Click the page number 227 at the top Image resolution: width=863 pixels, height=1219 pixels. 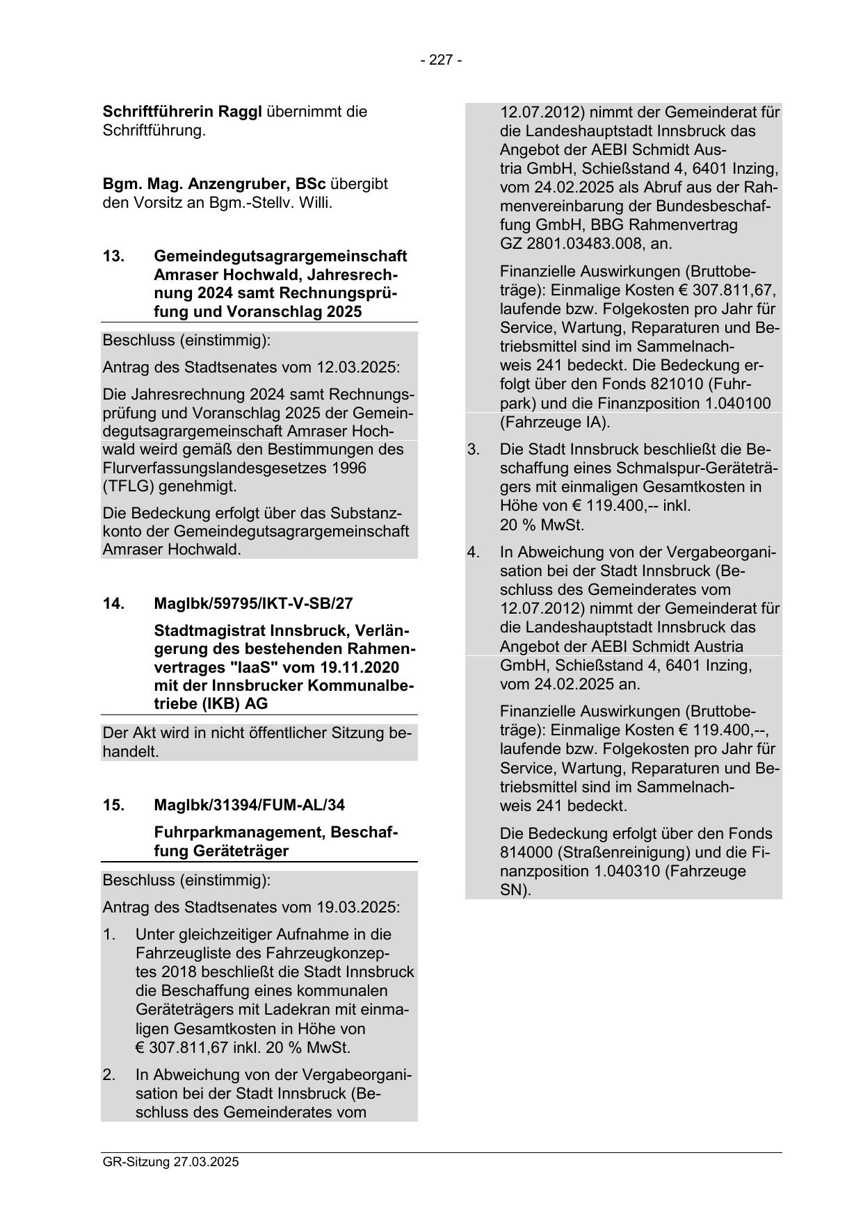441,60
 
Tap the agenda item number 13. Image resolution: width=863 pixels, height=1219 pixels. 113,256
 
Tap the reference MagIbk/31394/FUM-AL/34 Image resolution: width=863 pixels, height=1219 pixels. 249,805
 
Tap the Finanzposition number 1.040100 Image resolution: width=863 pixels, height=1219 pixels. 730,403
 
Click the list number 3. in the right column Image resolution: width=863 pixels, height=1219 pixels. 474,449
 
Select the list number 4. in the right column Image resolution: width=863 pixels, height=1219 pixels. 474,552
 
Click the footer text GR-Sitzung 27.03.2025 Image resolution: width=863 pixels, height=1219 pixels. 170,1161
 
